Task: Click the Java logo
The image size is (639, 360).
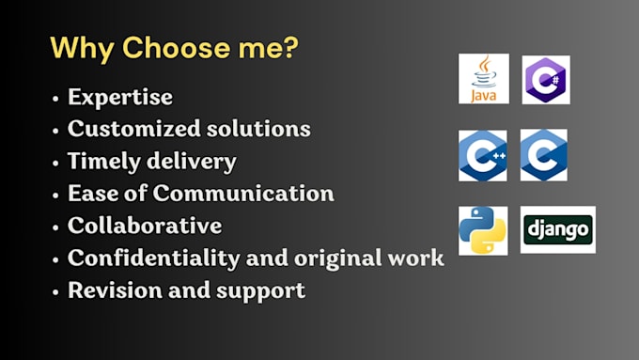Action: tap(484, 79)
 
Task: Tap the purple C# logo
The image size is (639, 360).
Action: tap(546, 80)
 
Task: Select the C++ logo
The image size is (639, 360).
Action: tap(483, 156)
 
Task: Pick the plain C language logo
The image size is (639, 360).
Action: tap(544, 155)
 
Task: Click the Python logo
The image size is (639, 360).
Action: tap(483, 231)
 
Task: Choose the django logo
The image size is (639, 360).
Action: tap(558, 229)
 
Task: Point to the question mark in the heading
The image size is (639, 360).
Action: tap(290, 47)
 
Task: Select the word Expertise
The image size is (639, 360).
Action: tap(120, 98)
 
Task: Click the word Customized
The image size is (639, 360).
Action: tap(134, 129)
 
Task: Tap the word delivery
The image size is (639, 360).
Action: tap(192, 162)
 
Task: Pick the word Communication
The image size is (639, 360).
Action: tap(243, 193)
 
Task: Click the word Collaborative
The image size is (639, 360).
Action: tap(145, 225)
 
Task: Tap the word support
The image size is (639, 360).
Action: tap(260, 291)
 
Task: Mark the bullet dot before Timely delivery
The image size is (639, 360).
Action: tap(55, 163)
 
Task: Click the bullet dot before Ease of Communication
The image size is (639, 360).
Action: tap(55, 196)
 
